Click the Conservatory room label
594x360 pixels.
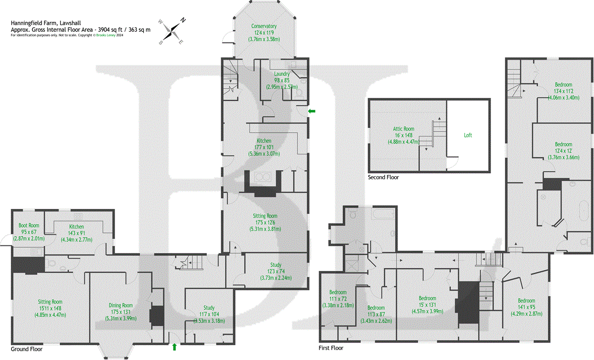264,32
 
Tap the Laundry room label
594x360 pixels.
282,80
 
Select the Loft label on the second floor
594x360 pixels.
468,135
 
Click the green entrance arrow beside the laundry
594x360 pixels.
311,111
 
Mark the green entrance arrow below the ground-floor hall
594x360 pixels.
175,347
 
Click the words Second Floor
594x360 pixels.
383,177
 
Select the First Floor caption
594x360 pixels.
331,348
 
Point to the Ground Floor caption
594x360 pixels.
27,349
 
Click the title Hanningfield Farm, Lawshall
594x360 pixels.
45,23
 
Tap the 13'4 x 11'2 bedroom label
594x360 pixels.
563,91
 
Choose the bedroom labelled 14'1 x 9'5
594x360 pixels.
526,306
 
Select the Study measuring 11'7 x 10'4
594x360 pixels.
209,314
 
